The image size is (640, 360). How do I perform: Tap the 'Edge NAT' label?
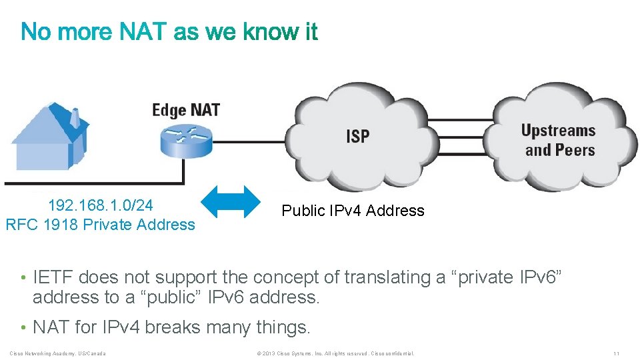point(186,109)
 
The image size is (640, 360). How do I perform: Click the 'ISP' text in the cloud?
point(357,137)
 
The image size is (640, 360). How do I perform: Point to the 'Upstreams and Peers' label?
point(559,140)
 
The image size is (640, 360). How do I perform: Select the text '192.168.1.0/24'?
point(101,204)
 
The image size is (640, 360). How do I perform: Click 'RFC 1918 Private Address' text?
point(101,225)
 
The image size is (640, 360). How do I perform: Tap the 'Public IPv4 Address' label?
point(353,211)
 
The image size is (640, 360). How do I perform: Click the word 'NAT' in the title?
point(143,31)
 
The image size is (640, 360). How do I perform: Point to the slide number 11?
point(617,353)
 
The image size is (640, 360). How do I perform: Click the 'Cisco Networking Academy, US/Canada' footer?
point(57,353)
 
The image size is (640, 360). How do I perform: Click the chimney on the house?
point(75,119)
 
